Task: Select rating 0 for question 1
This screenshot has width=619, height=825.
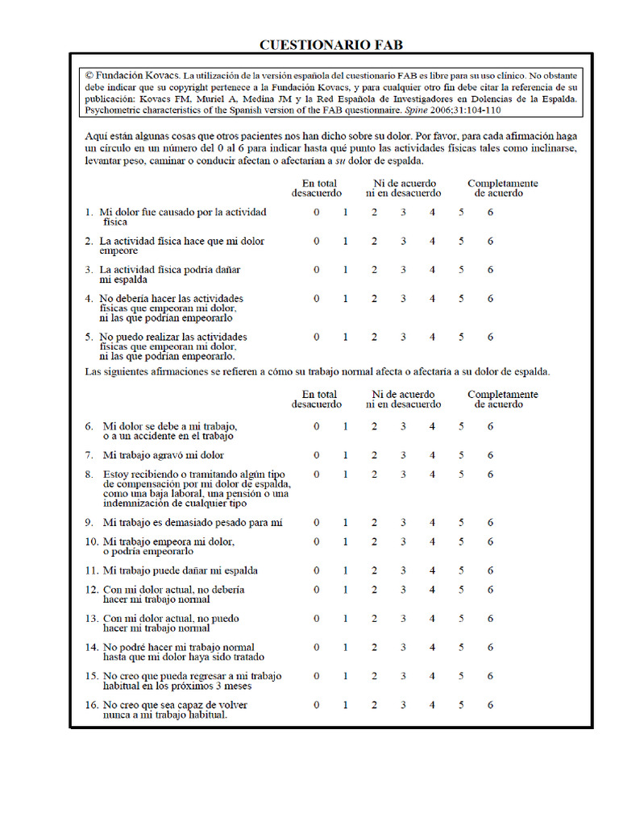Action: (x=317, y=213)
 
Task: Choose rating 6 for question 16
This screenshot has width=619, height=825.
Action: (x=490, y=705)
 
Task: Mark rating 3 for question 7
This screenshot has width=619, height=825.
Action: (x=403, y=455)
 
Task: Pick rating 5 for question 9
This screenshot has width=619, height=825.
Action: (x=461, y=523)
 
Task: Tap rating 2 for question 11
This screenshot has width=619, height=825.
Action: (x=374, y=570)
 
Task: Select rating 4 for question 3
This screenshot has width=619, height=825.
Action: (x=432, y=270)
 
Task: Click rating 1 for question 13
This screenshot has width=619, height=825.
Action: (x=345, y=619)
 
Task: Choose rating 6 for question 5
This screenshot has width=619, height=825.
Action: (x=490, y=337)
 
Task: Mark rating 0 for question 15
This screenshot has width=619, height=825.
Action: (x=317, y=676)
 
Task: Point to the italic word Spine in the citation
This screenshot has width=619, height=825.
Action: (x=414, y=110)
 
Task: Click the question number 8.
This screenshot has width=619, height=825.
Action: (x=89, y=475)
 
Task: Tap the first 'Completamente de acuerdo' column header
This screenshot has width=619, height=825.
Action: (x=502, y=189)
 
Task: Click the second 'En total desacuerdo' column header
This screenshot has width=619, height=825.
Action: (x=316, y=400)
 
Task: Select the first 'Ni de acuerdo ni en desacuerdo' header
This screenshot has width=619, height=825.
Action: (x=403, y=189)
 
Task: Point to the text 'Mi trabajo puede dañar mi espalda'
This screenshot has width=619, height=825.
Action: (x=180, y=570)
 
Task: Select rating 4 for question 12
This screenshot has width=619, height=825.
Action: (x=432, y=590)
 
